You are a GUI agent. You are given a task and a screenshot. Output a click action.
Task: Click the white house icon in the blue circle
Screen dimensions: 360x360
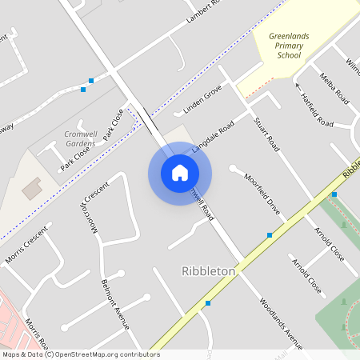click(180, 173)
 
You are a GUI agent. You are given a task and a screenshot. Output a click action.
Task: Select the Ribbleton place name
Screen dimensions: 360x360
click(209, 271)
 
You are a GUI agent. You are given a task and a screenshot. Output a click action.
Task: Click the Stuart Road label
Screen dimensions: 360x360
click(266, 134)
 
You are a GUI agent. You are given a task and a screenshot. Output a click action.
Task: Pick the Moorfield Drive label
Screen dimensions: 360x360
click(262, 194)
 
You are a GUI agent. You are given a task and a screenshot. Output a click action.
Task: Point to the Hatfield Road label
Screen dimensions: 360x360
click(317, 110)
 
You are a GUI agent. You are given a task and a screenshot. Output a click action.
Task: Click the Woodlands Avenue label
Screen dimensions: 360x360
click(281, 322)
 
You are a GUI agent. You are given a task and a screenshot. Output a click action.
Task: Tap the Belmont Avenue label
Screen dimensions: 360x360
click(115, 305)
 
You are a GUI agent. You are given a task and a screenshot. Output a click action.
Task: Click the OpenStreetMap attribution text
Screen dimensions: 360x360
click(82, 354)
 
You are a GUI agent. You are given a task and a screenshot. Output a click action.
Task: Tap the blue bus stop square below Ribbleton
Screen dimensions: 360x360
click(208, 303)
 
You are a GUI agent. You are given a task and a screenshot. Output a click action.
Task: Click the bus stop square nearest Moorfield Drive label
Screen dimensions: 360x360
click(270, 235)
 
